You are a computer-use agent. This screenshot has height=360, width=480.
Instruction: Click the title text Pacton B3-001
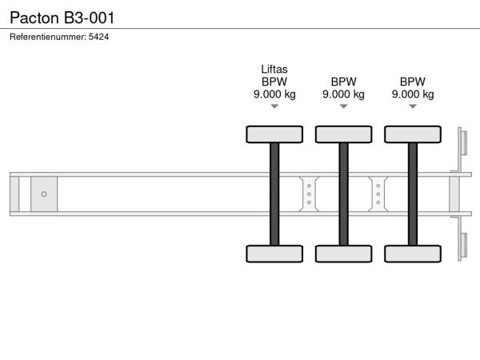[x=62, y=18]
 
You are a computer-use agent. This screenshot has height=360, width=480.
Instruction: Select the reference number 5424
[x=98, y=37]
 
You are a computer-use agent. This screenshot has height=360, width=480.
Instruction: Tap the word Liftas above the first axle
[x=274, y=70]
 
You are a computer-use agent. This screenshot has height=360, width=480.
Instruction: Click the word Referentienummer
[x=48, y=37]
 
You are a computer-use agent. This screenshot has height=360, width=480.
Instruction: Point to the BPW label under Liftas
[x=274, y=82]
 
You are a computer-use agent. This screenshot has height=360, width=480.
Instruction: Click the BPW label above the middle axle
[x=343, y=82]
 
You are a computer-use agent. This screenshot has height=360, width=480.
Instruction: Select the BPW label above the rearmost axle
[x=413, y=82]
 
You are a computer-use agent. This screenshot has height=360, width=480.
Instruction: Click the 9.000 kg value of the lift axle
[x=274, y=94]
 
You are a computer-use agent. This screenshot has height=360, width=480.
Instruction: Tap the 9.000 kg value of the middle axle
[x=343, y=94]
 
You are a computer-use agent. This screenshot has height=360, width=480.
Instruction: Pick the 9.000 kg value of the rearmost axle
[x=413, y=94]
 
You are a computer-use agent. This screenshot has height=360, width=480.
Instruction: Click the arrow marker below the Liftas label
[x=274, y=106]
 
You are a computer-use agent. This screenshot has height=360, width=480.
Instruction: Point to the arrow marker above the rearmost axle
[x=413, y=106]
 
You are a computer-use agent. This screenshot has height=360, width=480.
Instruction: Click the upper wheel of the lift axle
[x=274, y=134]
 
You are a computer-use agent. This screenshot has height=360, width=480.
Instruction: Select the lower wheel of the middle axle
[x=344, y=254]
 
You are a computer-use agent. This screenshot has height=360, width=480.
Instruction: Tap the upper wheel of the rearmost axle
[x=413, y=134]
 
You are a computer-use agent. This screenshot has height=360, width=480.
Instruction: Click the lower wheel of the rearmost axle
[x=413, y=254]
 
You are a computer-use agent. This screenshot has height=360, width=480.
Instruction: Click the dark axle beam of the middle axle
[x=344, y=194]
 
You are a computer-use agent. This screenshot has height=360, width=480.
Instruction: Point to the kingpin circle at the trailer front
[x=44, y=194]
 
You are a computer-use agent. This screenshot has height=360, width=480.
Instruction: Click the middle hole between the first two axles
[x=309, y=194]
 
